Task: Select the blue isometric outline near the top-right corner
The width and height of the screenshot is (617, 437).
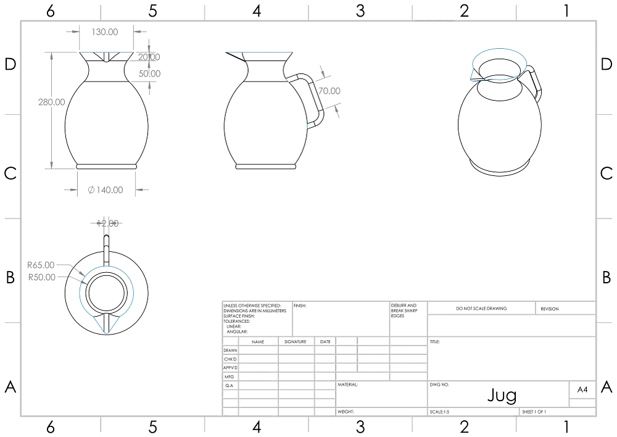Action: (x=498, y=64)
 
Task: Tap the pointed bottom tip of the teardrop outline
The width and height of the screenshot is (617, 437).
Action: (x=107, y=333)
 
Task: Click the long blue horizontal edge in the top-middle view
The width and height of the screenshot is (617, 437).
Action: (x=258, y=52)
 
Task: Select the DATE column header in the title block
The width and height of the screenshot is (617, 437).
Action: (x=325, y=341)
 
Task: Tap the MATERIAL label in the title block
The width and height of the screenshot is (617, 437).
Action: (x=348, y=384)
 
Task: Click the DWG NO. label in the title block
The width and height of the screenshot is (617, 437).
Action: (x=439, y=384)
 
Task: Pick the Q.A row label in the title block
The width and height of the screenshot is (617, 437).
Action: (x=228, y=385)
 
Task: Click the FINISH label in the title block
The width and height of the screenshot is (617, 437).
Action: (x=302, y=305)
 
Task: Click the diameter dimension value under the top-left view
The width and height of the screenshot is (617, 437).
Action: (x=105, y=189)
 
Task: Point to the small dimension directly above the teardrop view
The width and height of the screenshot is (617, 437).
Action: (x=107, y=222)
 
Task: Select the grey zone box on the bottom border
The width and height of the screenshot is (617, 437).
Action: (x=436, y=426)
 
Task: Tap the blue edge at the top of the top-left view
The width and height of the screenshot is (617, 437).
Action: (x=106, y=52)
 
